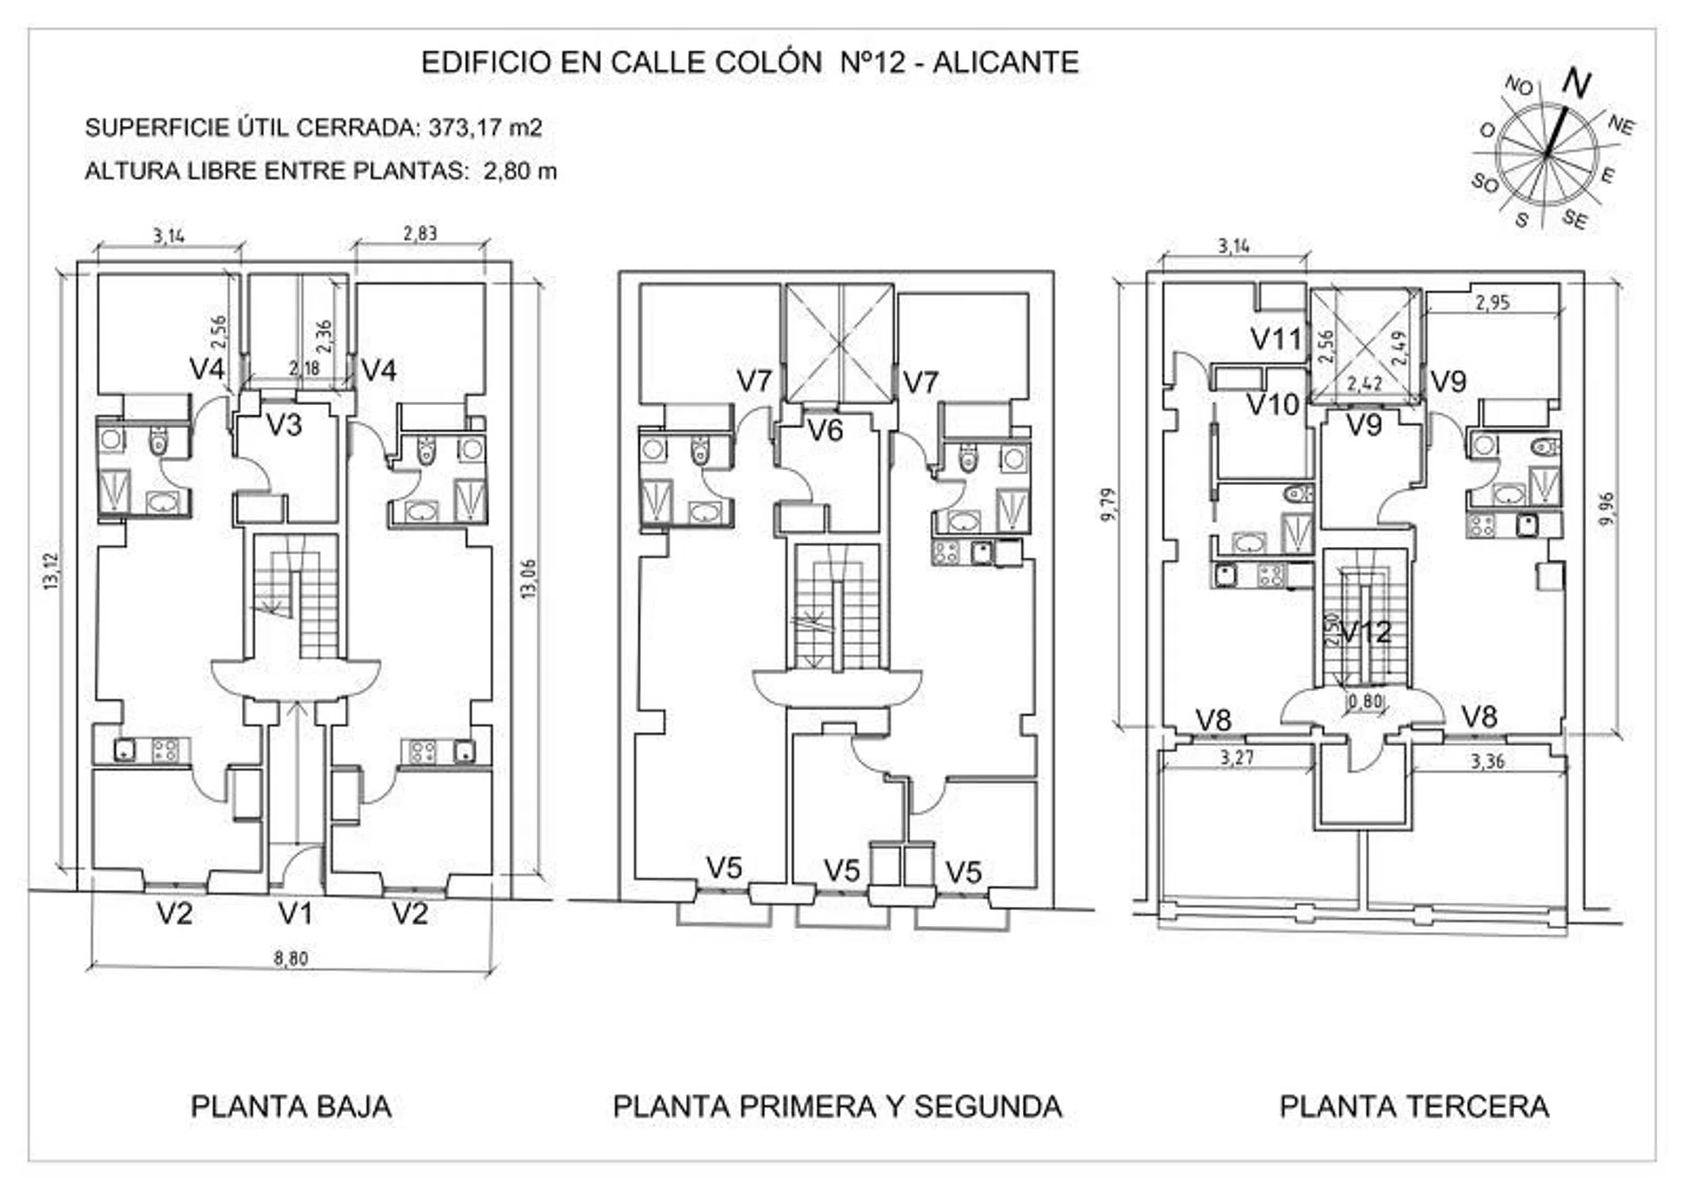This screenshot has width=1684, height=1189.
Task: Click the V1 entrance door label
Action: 295,914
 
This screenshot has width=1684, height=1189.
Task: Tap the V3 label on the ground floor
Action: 284,426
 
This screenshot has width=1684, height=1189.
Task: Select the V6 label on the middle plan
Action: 825,430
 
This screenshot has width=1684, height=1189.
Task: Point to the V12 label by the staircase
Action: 1366,632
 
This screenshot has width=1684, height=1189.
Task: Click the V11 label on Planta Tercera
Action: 1276,339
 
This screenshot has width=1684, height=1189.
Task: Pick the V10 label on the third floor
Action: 1273,405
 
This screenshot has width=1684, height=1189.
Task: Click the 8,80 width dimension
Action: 291,958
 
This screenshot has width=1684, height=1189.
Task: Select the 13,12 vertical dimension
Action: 52,571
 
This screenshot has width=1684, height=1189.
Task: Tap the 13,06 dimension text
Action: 530,579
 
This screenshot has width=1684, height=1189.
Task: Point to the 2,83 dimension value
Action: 419,233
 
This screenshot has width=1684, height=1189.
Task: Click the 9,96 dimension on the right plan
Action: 1606,509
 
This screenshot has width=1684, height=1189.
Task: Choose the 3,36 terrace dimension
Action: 1487,762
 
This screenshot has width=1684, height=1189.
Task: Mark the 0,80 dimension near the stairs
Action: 1365,702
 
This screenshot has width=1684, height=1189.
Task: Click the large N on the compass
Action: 1576,83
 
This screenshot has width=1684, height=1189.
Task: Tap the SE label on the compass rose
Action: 1575,220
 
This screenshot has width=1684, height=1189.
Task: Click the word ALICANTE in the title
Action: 1005,63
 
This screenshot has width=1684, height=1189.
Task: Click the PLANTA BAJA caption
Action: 291,1107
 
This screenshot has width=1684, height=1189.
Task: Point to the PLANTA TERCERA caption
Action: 1414,1107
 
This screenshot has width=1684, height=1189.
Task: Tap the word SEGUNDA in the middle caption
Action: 987,1107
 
